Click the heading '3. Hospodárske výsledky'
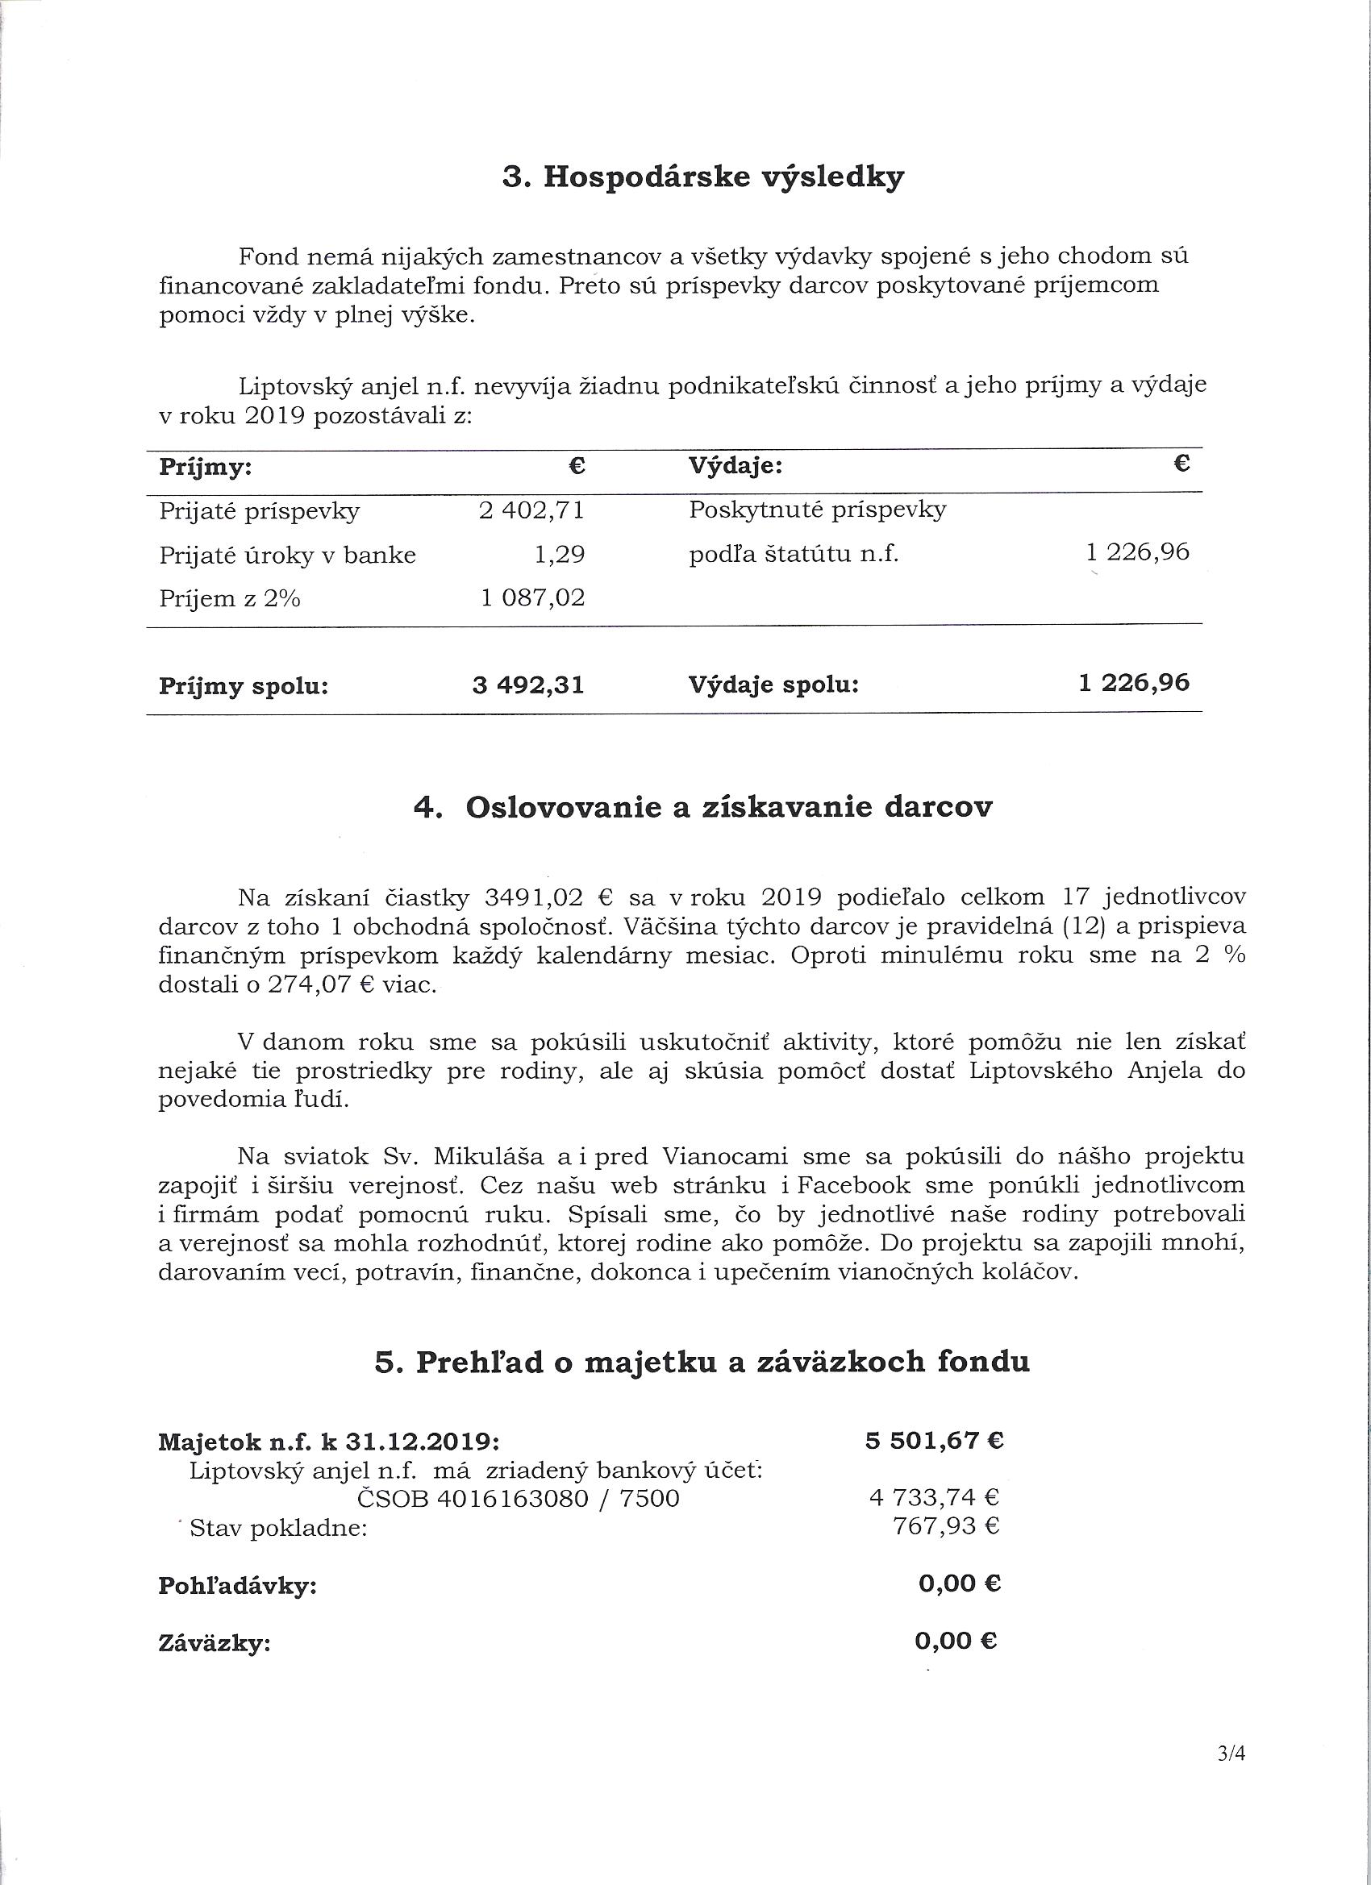tap(702, 179)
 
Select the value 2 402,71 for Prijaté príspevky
tap(531, 510)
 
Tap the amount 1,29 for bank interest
tap(560, 555)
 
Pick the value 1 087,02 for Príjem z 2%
tap(533, 597)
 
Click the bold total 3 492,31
tap(528, 685)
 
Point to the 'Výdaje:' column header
tap(736, 466)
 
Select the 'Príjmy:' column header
tap(206, 467)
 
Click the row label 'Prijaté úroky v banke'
tap(288, 555)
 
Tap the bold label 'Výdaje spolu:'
tap(773, 685)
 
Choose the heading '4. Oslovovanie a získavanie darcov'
tap(702, 808)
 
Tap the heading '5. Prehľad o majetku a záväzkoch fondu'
tap(702, 1362)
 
